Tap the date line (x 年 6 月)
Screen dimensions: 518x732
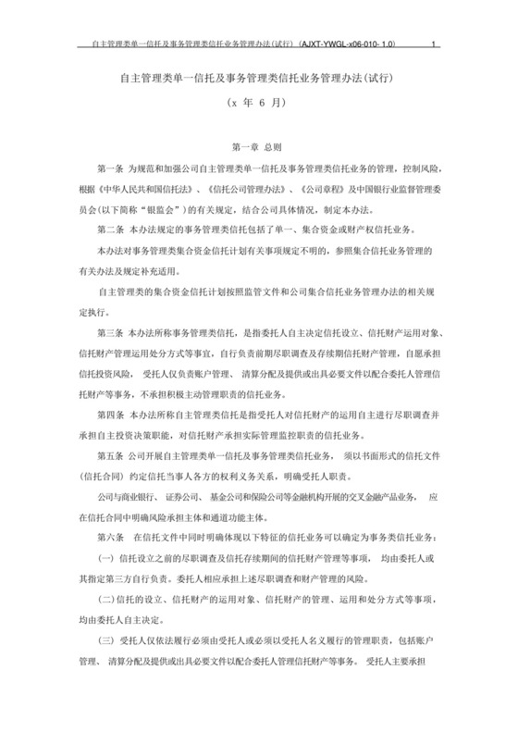click(x=259, y=107)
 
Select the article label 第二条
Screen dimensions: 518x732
click(x=111, y=229)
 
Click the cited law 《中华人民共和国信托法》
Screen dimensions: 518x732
click(x=144, y=188)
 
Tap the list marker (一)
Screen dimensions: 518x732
click(x=105, y=557)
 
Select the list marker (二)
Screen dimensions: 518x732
click(x=105, y=598)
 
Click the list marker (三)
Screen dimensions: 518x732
click(x=105, y=639)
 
